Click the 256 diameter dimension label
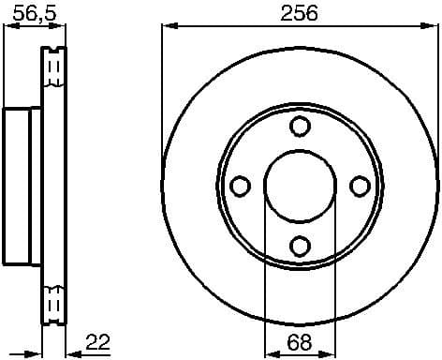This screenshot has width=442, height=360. [300, 12]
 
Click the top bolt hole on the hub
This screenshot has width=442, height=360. [300, 127]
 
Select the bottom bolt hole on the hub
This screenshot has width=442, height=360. [300, 247]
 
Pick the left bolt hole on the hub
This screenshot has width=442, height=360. [240, 187]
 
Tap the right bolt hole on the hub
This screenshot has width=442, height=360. [360, 187]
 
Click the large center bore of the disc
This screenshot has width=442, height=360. [300, 187]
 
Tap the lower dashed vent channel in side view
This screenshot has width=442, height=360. [54, 302]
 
